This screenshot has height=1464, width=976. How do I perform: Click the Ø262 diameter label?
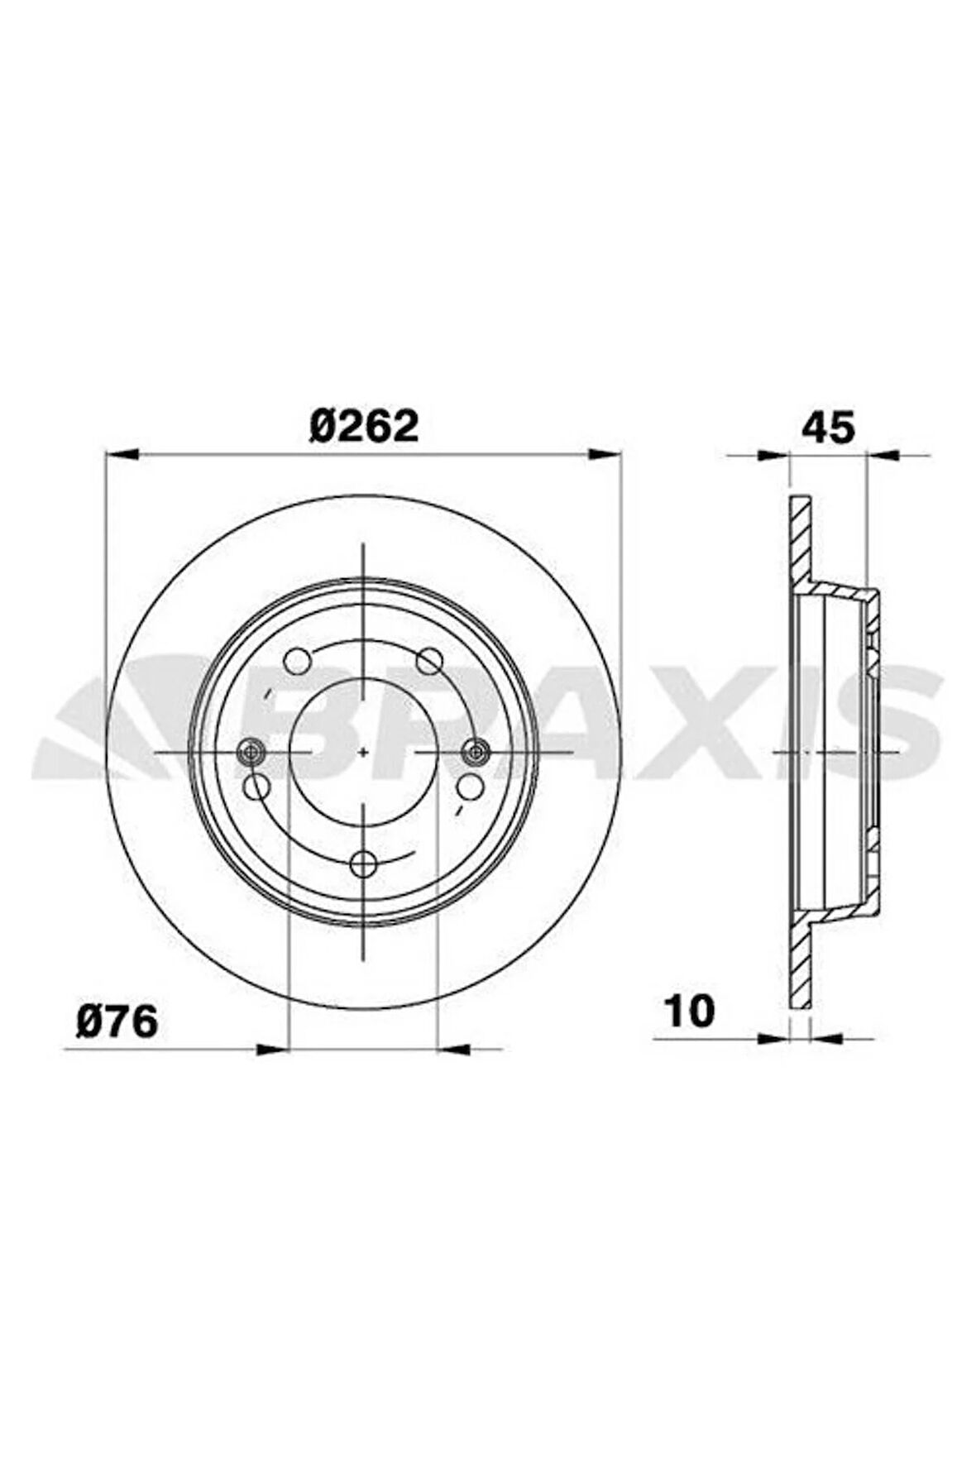(x=364, y=427)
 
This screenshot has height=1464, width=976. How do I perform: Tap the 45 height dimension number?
(x=828, y=428)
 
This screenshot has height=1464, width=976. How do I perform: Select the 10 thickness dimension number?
(x=688, y=1011)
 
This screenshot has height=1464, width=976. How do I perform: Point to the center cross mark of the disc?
(x=364, y=752)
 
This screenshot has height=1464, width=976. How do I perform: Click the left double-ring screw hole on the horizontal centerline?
(x=250, y=751)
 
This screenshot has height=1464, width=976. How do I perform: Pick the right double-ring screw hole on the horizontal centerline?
(x=475, y=751)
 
